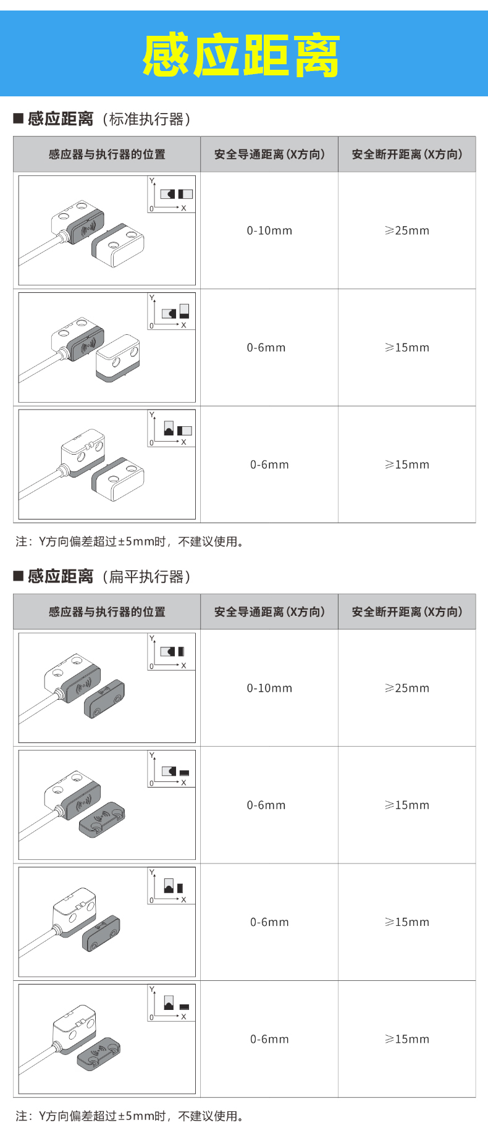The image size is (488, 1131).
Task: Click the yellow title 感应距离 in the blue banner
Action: click(242, 56)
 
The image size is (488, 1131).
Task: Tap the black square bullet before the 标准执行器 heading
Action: click(19, 118)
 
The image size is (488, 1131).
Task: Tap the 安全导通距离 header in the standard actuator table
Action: click(269, 154)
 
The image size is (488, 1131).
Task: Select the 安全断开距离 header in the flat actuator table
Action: click(407, 612)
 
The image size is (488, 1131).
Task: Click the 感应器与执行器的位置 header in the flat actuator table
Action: click(107, 612)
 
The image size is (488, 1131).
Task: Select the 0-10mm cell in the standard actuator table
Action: click(269, 230)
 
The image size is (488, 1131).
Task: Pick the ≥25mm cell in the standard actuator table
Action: click(407, 230)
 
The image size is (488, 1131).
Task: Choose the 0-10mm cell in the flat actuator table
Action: click(269, 688)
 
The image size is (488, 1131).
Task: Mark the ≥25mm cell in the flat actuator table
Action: click(407, 688)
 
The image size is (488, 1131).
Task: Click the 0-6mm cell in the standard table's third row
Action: click(269, 465)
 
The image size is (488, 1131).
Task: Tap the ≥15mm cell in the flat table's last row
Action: click(407, 1039)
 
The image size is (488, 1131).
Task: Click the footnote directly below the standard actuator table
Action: click(130, 542)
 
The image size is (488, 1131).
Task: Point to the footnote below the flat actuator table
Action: click(130, 1116)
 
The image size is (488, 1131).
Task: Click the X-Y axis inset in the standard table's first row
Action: click(171, 195)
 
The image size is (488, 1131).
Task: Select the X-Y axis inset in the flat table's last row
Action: click(171, 1003)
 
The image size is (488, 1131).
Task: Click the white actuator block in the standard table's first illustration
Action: click(118, 245)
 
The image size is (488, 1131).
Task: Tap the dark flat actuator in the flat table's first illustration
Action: click(104, 699)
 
